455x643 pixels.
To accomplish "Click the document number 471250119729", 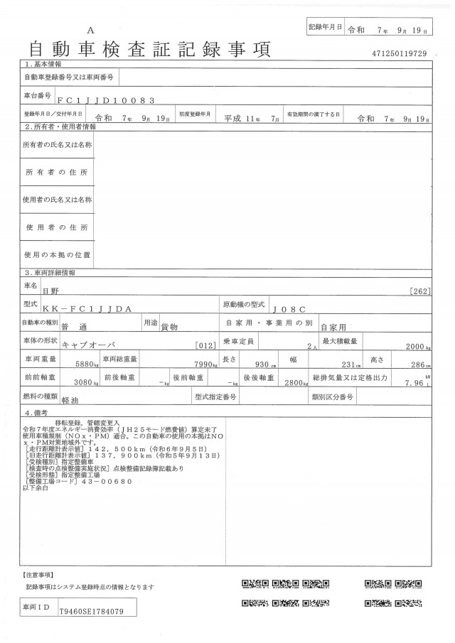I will (x=399, y=54).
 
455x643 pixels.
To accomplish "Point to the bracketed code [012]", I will (x=205, y=345).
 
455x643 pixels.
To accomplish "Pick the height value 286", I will (x=417, y=364).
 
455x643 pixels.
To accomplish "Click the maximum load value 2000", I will (x=413, y=345).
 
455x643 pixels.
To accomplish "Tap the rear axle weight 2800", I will (x=294, y=382).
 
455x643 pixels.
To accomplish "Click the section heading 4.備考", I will (x=38, y=413).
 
